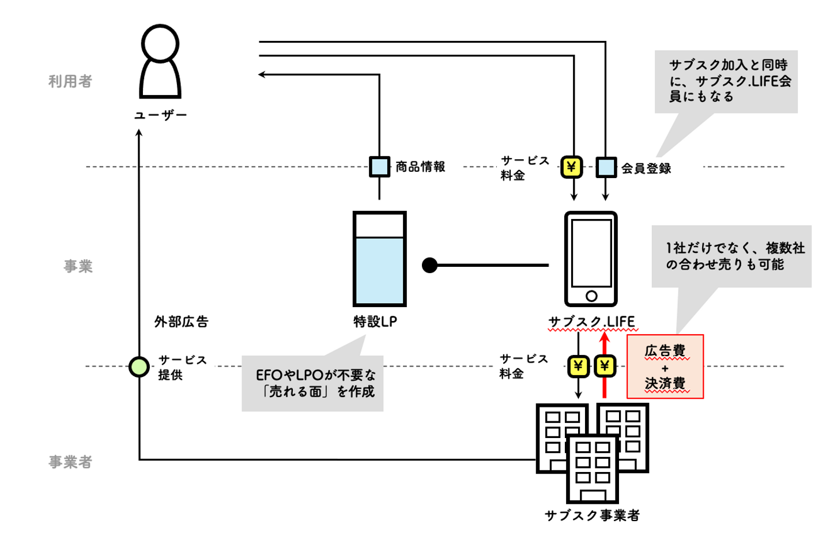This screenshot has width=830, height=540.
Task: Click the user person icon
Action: [x=160, y=62]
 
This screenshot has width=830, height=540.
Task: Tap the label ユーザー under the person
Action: [x=160, y=115]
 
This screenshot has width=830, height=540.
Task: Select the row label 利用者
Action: [x=70, y=81]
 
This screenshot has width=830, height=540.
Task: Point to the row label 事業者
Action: [x=70, y=462]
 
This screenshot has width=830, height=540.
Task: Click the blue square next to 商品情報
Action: [x=379, y=167]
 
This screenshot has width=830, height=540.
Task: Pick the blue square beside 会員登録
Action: [x=606, y=168]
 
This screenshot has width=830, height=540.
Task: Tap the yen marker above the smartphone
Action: [x=571, y=167]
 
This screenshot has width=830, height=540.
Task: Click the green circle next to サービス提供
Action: [x=139, y=367]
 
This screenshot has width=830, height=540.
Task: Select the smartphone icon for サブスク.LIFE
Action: [x=591, y=259]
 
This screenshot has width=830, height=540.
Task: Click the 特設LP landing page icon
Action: [x=379, y=259]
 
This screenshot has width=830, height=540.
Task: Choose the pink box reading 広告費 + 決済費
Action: [x=665, y=367]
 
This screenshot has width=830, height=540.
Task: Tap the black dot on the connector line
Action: [x=429, y=265]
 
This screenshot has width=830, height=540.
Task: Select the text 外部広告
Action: [x=181, y=322]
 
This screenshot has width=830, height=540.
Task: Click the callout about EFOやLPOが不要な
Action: [x=312, y=383]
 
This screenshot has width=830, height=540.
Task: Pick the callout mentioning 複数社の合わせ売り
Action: [x=731, y=256]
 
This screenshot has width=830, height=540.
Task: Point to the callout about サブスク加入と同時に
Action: [x=726, y=81]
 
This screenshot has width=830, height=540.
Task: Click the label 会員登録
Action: [x=646, y=168]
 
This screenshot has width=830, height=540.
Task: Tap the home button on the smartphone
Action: [x=591, y=296]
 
